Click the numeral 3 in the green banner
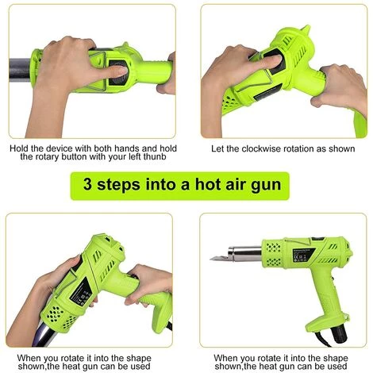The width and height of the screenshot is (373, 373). click(x=87, y=184)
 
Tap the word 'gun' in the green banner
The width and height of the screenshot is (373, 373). click(x=266, y=185)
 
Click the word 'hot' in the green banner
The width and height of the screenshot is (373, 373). click(x=207, y=184)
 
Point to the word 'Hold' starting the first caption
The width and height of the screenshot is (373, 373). click(x=19, y=148)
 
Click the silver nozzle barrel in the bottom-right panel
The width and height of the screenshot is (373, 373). click(x=245, y=253)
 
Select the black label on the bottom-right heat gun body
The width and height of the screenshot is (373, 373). click(x=303, y=254)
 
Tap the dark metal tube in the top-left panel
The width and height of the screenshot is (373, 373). click(x=20, y=70)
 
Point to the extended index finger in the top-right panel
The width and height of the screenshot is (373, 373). click(x=267, y=63)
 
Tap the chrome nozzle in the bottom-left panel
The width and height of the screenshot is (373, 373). click(x=45, y=334)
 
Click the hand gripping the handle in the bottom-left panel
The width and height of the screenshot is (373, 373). click(x=148, y=284)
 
